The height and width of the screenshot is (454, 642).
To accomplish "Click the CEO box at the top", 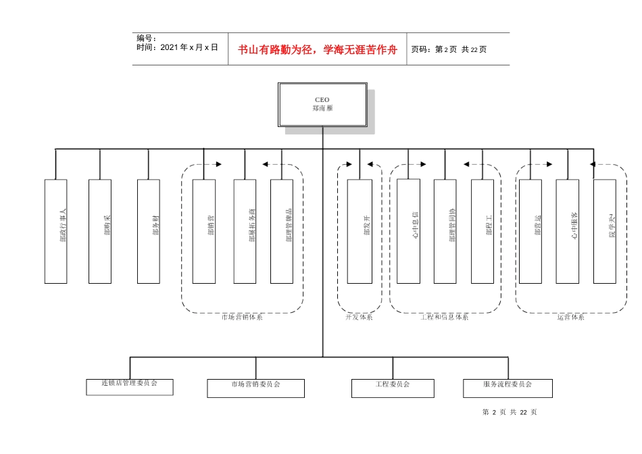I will tap(322, 104).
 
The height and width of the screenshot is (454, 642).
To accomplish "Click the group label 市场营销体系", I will tap(242, 317).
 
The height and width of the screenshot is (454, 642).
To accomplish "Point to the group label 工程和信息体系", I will tap(444, 317).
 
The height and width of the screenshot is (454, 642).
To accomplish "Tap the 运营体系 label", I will tap(571, 317).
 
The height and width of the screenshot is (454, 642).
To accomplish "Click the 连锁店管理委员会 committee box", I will tap(129, 386).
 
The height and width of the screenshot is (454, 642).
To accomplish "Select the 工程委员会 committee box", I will tap(392, 388).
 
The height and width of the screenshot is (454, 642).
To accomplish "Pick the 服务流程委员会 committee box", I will tap(508, 388).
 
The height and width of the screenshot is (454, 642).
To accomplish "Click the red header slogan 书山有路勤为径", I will tap(318, 49).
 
